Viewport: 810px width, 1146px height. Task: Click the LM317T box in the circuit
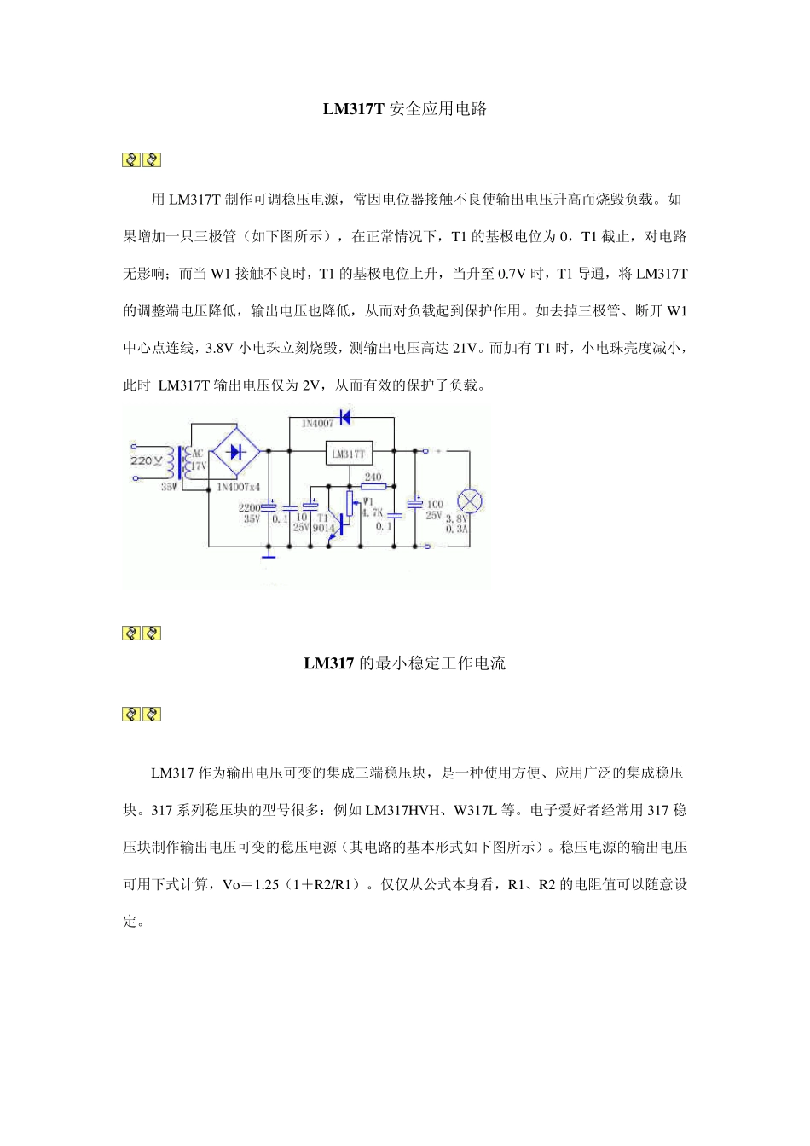(x=350, y=454)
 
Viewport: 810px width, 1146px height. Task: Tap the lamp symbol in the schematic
(x=470, y=501)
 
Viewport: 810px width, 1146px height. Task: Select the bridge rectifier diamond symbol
(x=236, y=451)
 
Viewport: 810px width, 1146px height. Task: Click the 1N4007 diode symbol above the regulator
(x=344, y=417)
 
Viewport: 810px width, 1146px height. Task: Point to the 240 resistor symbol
(x=373, y=487)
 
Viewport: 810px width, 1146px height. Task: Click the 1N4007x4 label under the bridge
(x=238, y=488)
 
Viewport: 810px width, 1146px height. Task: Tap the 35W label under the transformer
(x=170, y=488)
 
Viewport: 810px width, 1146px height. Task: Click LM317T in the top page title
(x=354, y=109)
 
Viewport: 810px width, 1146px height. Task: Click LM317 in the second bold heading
(x=328, y=663)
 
